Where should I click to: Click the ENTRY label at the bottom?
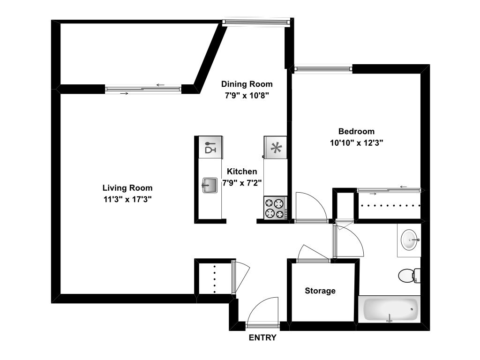click(262, 337)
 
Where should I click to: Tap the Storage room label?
click(320, 291)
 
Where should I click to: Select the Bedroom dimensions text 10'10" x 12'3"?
click(357, 143)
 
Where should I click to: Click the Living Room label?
click(127, 188)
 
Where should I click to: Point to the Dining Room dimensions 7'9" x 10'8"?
click(247, 95)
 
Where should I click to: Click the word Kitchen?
click(242, 172)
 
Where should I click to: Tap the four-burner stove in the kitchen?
click(275, 208)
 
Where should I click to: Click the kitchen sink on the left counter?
click(209, 185)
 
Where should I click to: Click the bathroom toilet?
click(408, 275)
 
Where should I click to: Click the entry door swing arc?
click(263, 310)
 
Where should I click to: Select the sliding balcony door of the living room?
click(143, 89)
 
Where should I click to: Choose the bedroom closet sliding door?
click(390, 190)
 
